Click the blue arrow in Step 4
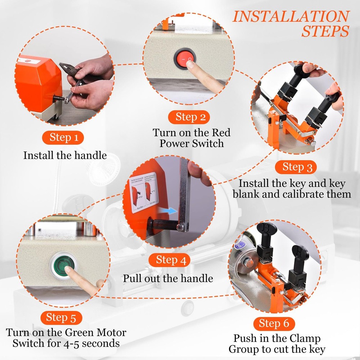tap(167, 211)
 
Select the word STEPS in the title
tap(325, 32)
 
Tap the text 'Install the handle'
tap(65, 155)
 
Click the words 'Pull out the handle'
tap(168, 278)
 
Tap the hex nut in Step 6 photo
tap(248, 261)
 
